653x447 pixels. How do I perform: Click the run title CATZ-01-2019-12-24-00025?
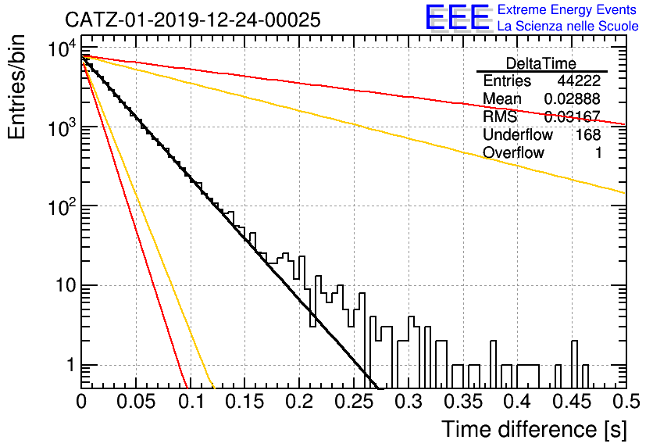click(193, 20)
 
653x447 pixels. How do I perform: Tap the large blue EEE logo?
click(458, 17)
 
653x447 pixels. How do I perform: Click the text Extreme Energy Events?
click(567, 9)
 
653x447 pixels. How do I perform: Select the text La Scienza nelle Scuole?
click(568, 27)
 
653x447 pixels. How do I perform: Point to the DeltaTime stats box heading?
click(541, 63)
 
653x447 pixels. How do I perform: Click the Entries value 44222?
click(579, 80)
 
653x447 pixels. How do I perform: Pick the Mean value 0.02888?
click(573, 98)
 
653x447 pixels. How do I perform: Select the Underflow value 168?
click(588, 134)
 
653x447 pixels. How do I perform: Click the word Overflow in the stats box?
click(513, 153)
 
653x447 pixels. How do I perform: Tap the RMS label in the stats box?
click(500, 116)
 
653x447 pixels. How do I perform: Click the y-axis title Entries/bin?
click(16, 88)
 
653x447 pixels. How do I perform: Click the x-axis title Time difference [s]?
click(534, 429)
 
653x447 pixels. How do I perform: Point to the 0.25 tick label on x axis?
click(354, 402)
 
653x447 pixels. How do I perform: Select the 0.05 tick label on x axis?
click(136, 402)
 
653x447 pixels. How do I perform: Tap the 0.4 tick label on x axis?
click(518, 402)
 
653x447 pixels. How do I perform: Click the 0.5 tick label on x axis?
click(626, 402)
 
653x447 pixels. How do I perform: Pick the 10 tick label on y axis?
click(66, 286)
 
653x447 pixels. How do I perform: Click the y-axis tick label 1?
click(71, 366)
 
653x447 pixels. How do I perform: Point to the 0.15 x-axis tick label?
click(245, 402)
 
